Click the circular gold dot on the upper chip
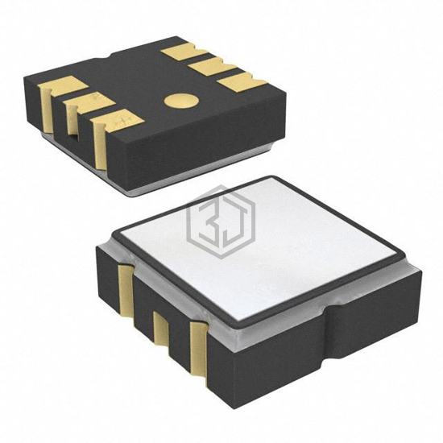(182, 101)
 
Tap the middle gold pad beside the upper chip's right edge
(213, 68)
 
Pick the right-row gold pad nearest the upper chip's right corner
(242, 83)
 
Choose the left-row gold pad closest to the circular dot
(118, 120)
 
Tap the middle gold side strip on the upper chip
(72, 120)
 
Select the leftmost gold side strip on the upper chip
(47, 110)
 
